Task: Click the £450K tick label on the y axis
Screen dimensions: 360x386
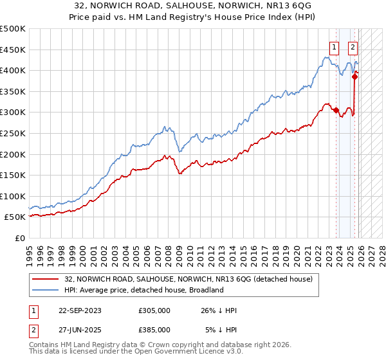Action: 13,50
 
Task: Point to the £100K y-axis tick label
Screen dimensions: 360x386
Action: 13,196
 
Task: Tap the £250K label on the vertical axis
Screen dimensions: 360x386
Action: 13,133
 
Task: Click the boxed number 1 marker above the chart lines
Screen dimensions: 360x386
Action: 335,46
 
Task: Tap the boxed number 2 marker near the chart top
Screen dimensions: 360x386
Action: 353,46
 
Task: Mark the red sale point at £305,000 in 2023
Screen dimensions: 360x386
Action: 336,110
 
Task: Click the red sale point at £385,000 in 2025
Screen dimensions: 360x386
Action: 354,76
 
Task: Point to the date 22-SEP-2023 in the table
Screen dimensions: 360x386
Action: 80,310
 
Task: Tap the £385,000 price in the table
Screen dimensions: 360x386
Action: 154,330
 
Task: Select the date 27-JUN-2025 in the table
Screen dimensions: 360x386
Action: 80,330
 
